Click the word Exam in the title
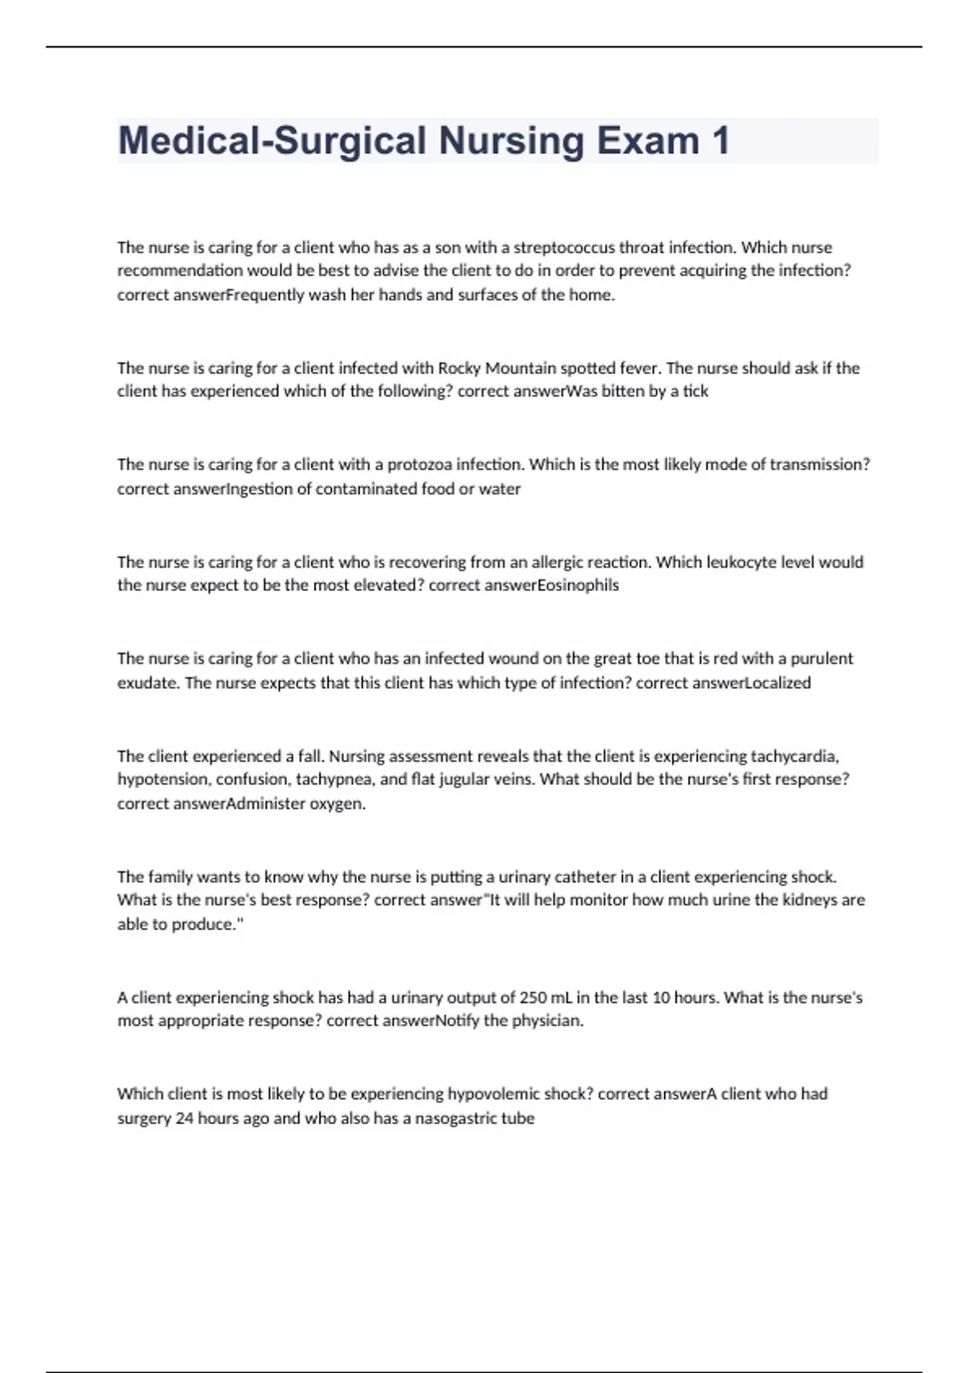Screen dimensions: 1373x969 648,141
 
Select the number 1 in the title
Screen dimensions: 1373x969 720,141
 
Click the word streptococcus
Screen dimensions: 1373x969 564,247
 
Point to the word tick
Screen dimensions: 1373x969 695,392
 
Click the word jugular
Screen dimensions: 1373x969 465,779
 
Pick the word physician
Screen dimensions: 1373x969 546,1021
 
